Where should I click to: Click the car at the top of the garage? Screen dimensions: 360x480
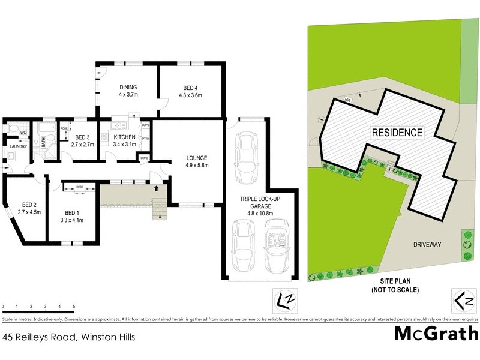pos(247,157)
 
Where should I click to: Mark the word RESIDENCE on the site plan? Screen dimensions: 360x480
pos(397,133)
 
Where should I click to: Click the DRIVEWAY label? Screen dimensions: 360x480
pos(427,245)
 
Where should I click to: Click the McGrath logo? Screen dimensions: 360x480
pos(433,334)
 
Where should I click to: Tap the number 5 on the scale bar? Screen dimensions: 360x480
pos(74,307)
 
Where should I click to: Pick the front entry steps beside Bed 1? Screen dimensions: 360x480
pos(159,208)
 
